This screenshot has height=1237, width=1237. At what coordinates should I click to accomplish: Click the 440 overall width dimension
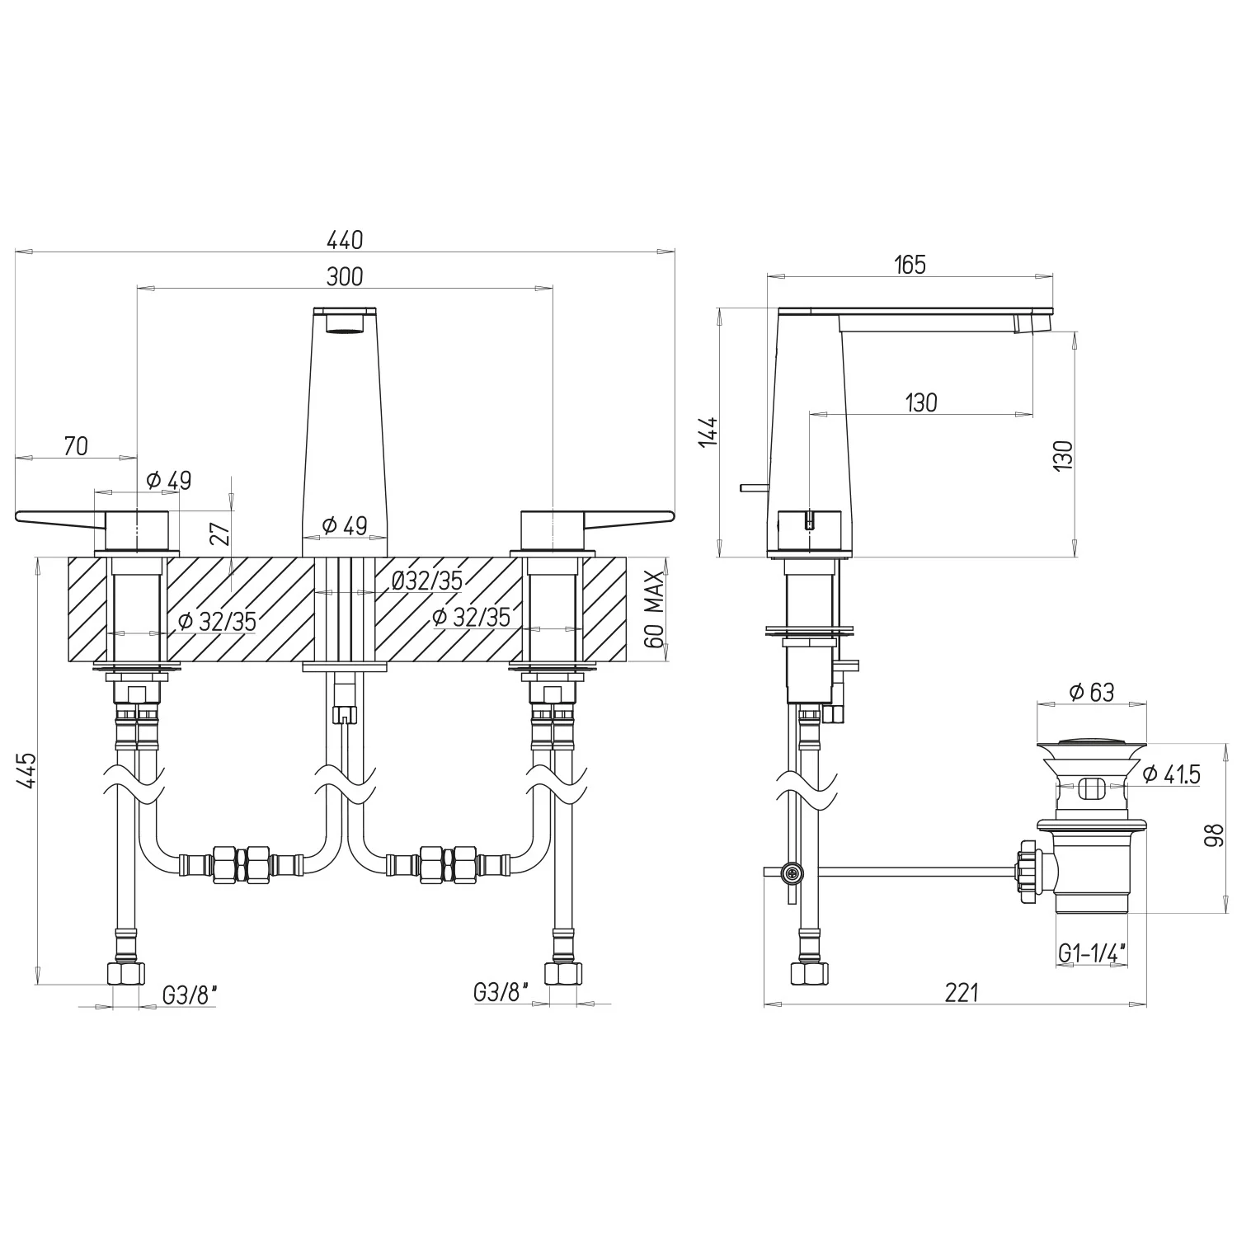click(x=345, y=240)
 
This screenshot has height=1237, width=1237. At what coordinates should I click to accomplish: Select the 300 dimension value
click(x=345, y=276)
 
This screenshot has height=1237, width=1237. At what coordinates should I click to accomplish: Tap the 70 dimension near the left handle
click(x=75, y=446)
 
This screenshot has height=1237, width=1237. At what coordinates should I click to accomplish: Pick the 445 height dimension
click(x=27, y=770)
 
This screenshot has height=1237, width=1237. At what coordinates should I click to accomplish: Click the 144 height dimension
click(x=709, y=432)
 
